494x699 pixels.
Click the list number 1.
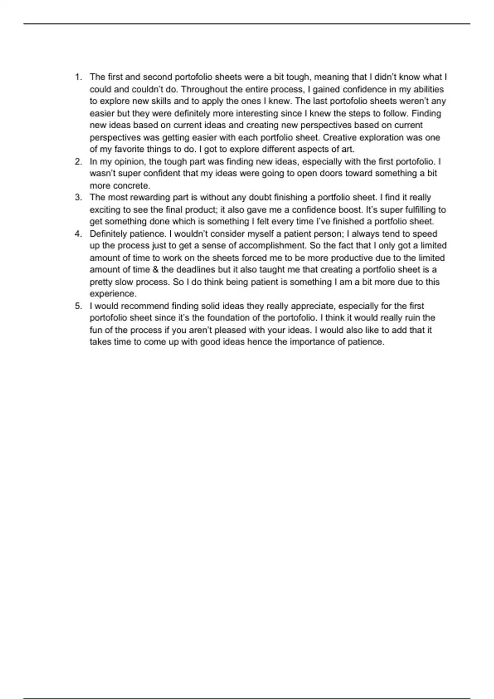point(78,77)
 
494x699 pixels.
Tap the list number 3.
point(78,197)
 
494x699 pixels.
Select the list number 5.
point(78,306)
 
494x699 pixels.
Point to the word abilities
point(428,89)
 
